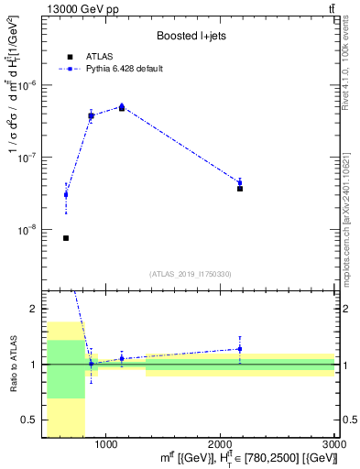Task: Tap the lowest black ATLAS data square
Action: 66,238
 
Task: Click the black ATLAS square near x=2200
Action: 240,188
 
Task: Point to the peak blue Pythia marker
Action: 122,106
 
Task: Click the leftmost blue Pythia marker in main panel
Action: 66,194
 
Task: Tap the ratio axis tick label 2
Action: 34,309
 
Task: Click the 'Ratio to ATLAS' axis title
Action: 13,364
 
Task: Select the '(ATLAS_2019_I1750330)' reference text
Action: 191,274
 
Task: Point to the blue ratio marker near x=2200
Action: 240,348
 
